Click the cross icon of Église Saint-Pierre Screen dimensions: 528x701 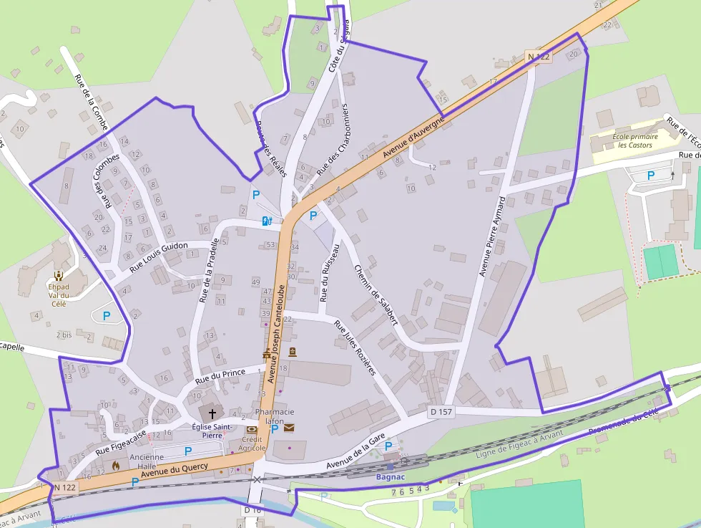(212, 414)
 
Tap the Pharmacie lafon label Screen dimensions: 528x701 (275, 417)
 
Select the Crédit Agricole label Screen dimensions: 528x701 (252, 443)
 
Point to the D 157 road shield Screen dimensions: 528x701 (441, 412)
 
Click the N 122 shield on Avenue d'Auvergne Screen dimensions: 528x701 (539, 55)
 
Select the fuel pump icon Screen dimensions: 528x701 (267, 221)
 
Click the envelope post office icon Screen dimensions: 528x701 (289, 428)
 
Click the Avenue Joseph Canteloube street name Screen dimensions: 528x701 (276, 332)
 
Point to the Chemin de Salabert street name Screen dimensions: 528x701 (376, 295)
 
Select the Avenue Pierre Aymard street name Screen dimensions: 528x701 (492, 236)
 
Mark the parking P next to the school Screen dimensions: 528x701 (651, 175)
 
